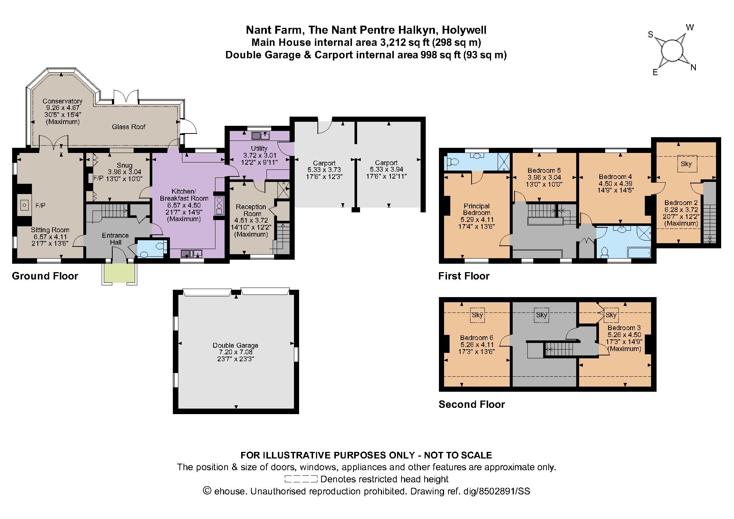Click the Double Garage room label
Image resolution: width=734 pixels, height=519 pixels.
click(235, 345)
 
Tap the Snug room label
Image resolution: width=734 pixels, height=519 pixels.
click(124, 165)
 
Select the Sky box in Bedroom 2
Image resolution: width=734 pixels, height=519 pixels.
click(686, 164)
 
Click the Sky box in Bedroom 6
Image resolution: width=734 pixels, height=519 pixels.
click(477, 315)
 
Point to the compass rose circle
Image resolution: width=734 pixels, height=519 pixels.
click(672, 51)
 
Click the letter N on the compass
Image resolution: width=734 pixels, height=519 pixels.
click(693, 67)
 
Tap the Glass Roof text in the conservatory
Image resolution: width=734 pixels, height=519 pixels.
click(128, 127)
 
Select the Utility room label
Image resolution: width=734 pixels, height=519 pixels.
click(259, 149)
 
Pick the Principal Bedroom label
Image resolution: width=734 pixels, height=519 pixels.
click(476, 209)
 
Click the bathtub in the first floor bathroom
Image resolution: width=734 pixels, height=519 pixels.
click(639, 252)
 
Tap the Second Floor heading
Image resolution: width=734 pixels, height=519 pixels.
click(472, 404)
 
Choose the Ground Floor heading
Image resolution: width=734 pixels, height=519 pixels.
click(45, 276)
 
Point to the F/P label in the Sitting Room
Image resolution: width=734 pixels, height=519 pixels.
click(40, 206)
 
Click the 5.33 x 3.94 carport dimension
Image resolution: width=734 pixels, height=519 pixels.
click(386, 169)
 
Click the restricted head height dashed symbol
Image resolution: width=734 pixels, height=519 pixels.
click(301, 479)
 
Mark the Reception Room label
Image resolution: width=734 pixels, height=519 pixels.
click(251, 210)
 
